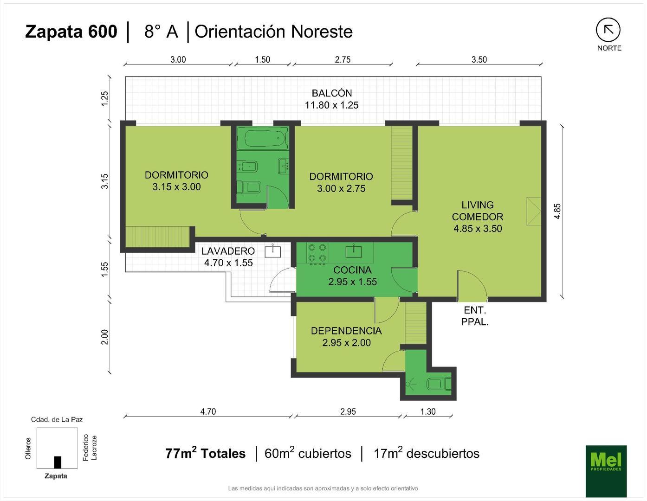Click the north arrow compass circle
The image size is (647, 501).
click(x=608, y=30)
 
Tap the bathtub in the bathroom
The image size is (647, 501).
click(x=263, y=138)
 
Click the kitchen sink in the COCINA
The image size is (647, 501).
click(x=353, y=251)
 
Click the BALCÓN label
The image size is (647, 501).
click(x=332, y=93)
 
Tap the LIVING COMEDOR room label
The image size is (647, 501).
click(x=478, y=211)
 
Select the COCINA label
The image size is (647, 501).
click(x=353, y=270)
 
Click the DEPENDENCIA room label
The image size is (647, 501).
click(x=346, y=331)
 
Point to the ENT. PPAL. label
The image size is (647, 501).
click(x=475, y=316)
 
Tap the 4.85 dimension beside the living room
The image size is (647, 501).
click(x=557, y=211)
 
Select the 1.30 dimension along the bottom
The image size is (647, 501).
click(x=428, y=411)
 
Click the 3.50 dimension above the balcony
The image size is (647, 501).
click(x=479, y=59)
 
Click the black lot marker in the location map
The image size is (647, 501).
click(x=58, y=462)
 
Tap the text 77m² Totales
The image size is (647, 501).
click(x=205, y=453)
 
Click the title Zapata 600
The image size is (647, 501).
click(x=71, y=32)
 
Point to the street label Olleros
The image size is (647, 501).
click(x=28, y=448)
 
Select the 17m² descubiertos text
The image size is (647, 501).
click(x=427, y=453)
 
